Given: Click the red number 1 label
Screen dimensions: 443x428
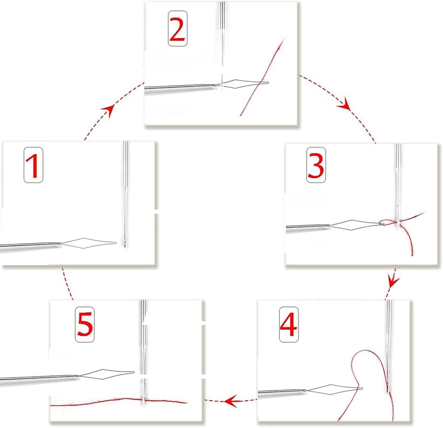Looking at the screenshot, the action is (x=33, y=165).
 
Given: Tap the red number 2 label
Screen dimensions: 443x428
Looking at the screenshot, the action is (x=178, y=28).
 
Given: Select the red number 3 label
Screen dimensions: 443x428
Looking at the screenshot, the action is (x=316, y=165).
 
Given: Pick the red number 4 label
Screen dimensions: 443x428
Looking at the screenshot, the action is (x=288, y=324).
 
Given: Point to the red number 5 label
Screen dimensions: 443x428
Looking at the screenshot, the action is (x=85, y=324).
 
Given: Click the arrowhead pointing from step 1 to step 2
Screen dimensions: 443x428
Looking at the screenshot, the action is (x=109, y=109).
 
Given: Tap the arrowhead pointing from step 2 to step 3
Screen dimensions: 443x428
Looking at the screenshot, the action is (x=344, y=105).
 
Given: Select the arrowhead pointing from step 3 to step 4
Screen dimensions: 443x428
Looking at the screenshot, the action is (x=392, y=281).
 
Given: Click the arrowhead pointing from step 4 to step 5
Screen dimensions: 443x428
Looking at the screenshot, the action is (x=231, y=401).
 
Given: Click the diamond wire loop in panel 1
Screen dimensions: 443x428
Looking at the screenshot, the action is (x=89, y=243).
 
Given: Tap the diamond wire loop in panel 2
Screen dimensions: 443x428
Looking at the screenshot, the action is (x=245, y=84).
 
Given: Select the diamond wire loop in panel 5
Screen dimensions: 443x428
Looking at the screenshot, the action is (x=107, y=373).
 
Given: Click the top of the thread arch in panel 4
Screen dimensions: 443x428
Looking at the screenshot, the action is (x=365, y=351).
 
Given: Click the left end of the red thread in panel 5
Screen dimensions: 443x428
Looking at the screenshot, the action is (x=51, y=406).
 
